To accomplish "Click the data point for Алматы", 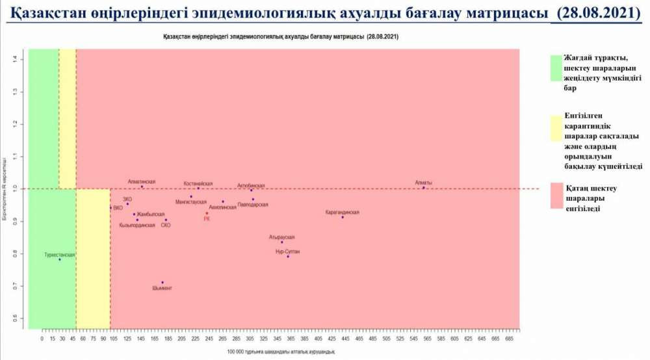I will tap(423, 188).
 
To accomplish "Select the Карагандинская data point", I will tap(343, 217).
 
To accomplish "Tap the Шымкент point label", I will tap(162, 288).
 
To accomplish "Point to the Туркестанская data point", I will tap(59, 259).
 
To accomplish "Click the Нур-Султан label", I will tap(288, 251).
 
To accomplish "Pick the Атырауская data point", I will tap(282, 242).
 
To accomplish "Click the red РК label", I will tap(207, 219).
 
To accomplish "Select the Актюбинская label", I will tap(251, 185).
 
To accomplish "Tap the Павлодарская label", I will tap(253, 205).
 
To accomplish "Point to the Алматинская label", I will tap(142, 181).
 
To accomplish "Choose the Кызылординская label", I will tap(137, 225).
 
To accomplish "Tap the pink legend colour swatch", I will tap(556, 196).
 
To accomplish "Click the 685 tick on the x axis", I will tap(510, 339).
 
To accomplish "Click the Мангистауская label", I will tap(191, 202).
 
